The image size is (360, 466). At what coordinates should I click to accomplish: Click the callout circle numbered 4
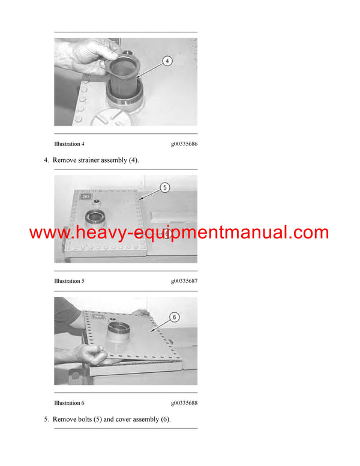click(x=167, y=61)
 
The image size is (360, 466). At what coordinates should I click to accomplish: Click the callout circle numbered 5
click(x=164, y=187)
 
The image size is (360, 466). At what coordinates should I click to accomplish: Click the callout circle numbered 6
click(x=175, y=317)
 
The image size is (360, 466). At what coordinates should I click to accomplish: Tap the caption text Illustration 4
click(x=70, y=145)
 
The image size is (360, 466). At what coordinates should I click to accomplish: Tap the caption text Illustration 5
click(x=70, y=281)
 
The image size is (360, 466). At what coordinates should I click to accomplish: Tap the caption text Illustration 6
click(x=70, y=403)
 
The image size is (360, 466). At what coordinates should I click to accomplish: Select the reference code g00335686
click(x=184, y=145)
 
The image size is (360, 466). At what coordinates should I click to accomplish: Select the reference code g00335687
click(x=184, y=281)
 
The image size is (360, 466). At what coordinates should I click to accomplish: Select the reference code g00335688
click(x=184, y=403)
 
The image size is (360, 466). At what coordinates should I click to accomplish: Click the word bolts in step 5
click(x=85, y=419)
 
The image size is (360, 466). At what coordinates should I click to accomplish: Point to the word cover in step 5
click(x=133, y=419)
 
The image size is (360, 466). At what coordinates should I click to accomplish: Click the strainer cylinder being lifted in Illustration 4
click(x=124, y=75)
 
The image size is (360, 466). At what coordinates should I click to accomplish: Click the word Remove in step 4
click(x=64, y=160)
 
